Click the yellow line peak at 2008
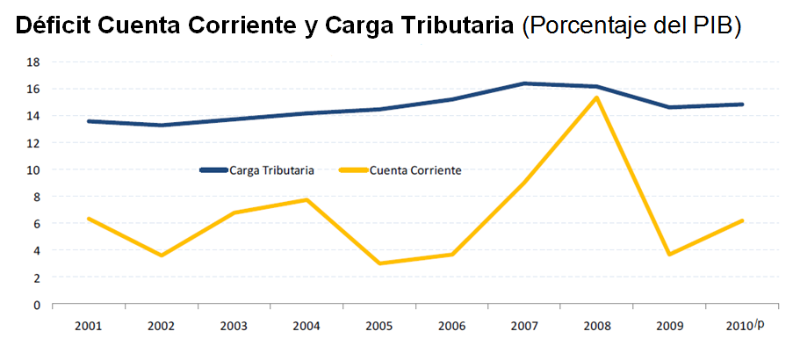597,97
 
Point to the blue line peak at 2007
524,83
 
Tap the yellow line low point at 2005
379,263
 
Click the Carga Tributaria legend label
271,170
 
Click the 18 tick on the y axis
33,62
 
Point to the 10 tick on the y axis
33,170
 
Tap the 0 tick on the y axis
36,305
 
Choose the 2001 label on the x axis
88,326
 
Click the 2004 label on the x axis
306,326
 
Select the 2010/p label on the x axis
746,326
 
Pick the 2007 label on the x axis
524,326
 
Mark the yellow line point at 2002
161,256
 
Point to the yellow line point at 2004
306,200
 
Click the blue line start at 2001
88,121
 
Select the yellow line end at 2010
743,220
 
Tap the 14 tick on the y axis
33,116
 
